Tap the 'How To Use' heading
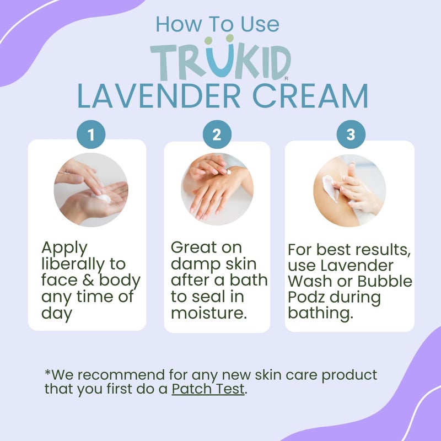(x=217, y=24)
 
